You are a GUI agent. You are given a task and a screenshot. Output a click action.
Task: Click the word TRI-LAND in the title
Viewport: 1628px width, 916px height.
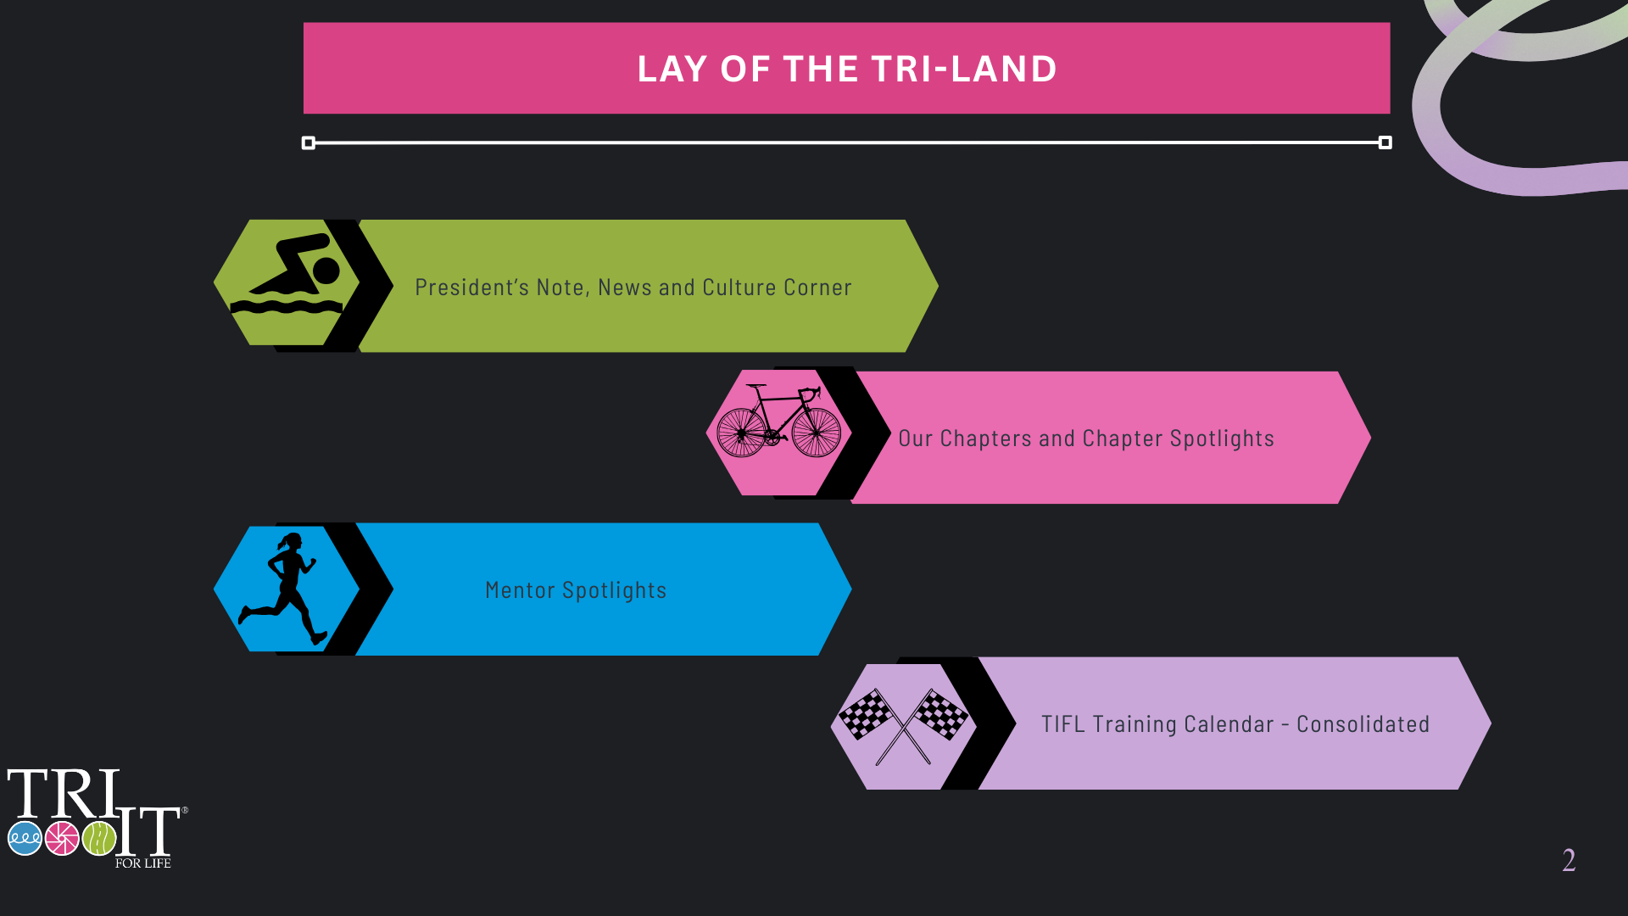point(964,69)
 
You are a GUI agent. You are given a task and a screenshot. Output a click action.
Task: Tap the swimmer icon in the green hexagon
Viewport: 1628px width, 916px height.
point(287,274)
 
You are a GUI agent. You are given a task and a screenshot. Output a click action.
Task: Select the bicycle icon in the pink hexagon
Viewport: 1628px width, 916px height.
point(779,421)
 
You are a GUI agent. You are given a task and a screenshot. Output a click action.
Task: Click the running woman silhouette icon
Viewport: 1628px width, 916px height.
point(283,589)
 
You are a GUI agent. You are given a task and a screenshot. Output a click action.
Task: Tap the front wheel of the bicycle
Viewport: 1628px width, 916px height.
point(817,432)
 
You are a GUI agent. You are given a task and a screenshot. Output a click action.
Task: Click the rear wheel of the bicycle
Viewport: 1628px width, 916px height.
point(742,432)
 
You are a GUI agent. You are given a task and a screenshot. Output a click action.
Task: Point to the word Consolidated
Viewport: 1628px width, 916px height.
point(1363,724)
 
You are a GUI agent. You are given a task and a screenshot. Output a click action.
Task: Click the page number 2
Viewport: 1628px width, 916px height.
point(1569,861)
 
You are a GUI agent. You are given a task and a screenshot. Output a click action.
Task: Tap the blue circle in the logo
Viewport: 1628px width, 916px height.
point(25,838)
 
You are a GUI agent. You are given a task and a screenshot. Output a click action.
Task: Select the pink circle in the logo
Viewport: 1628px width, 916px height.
point(62,838)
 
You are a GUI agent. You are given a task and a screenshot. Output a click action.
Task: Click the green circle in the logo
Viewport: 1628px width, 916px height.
point(99,838)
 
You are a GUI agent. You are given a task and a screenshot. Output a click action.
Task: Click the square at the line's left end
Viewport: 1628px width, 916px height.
point(309,142)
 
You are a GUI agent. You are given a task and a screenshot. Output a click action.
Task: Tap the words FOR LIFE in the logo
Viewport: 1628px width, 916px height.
point(143,863)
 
